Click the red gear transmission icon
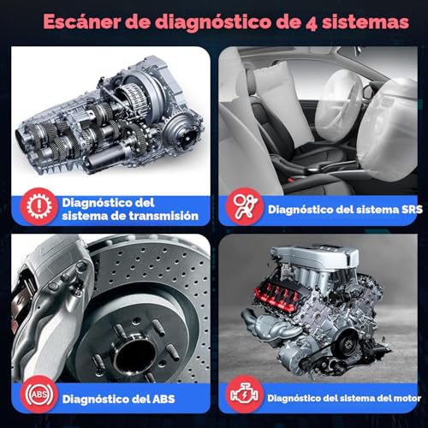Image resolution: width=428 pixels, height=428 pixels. pyautogui.click(x=34, y=206)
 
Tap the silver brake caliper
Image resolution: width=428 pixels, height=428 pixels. pyautogui.click(x=51, y=300)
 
